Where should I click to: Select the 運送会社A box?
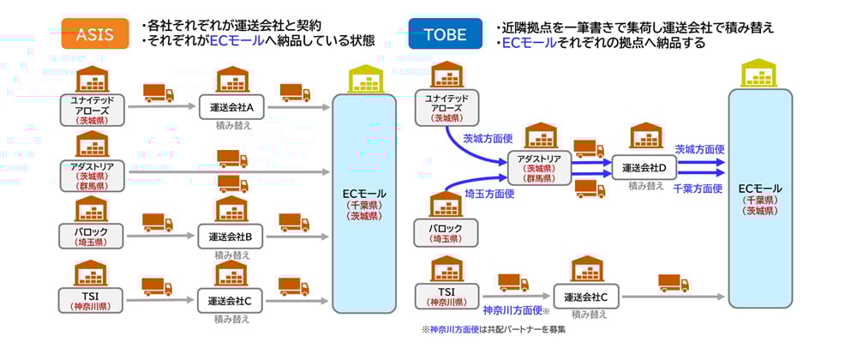[231, 108]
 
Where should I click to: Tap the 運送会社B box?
[231, 236]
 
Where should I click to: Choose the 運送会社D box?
[644, 167]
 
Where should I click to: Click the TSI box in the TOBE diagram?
[446, 297]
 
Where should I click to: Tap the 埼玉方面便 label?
[490, 195]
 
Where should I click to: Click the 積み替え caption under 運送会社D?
[645, 185]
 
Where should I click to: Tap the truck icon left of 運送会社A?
[159, 93]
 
